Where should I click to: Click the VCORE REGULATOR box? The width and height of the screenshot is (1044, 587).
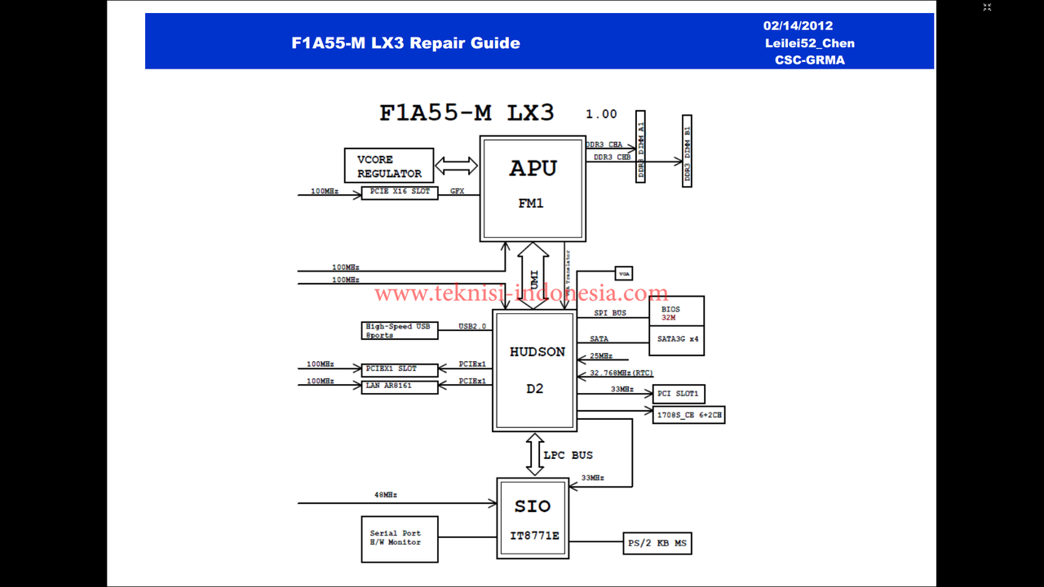[x=389, y=166]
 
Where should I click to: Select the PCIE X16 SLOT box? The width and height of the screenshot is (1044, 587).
[x=400, y=192]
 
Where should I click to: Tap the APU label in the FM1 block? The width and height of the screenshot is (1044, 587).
[x=533, y=169]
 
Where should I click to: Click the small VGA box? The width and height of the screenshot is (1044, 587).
[x=624, y=274]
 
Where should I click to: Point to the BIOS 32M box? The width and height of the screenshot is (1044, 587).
[x=676, y=313]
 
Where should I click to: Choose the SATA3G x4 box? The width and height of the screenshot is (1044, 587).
[x=676, y=339]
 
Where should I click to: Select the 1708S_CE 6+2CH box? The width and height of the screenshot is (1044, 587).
[x=688, y=415]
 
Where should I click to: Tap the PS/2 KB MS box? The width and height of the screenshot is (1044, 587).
[x=657, y=543]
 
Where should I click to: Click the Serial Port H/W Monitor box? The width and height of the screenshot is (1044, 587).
[x=400, y=539]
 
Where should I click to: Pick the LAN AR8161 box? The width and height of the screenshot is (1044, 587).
[x=400, y=386]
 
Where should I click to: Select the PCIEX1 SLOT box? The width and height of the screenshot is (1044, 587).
[x=400, y=369]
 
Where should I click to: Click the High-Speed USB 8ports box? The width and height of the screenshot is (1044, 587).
[x=400, y=330]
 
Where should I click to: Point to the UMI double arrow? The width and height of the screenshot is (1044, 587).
[x=533, y=275]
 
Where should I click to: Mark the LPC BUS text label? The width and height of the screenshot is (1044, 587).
[x=568, y=455]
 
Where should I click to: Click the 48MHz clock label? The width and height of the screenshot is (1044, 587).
[x=385, y=495]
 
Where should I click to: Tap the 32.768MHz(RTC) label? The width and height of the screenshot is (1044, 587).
[x=622, y=373]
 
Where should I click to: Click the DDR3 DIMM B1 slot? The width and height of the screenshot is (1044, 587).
[x=687, y=152]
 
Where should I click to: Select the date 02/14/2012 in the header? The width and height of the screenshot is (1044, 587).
[x=798, y=26]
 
